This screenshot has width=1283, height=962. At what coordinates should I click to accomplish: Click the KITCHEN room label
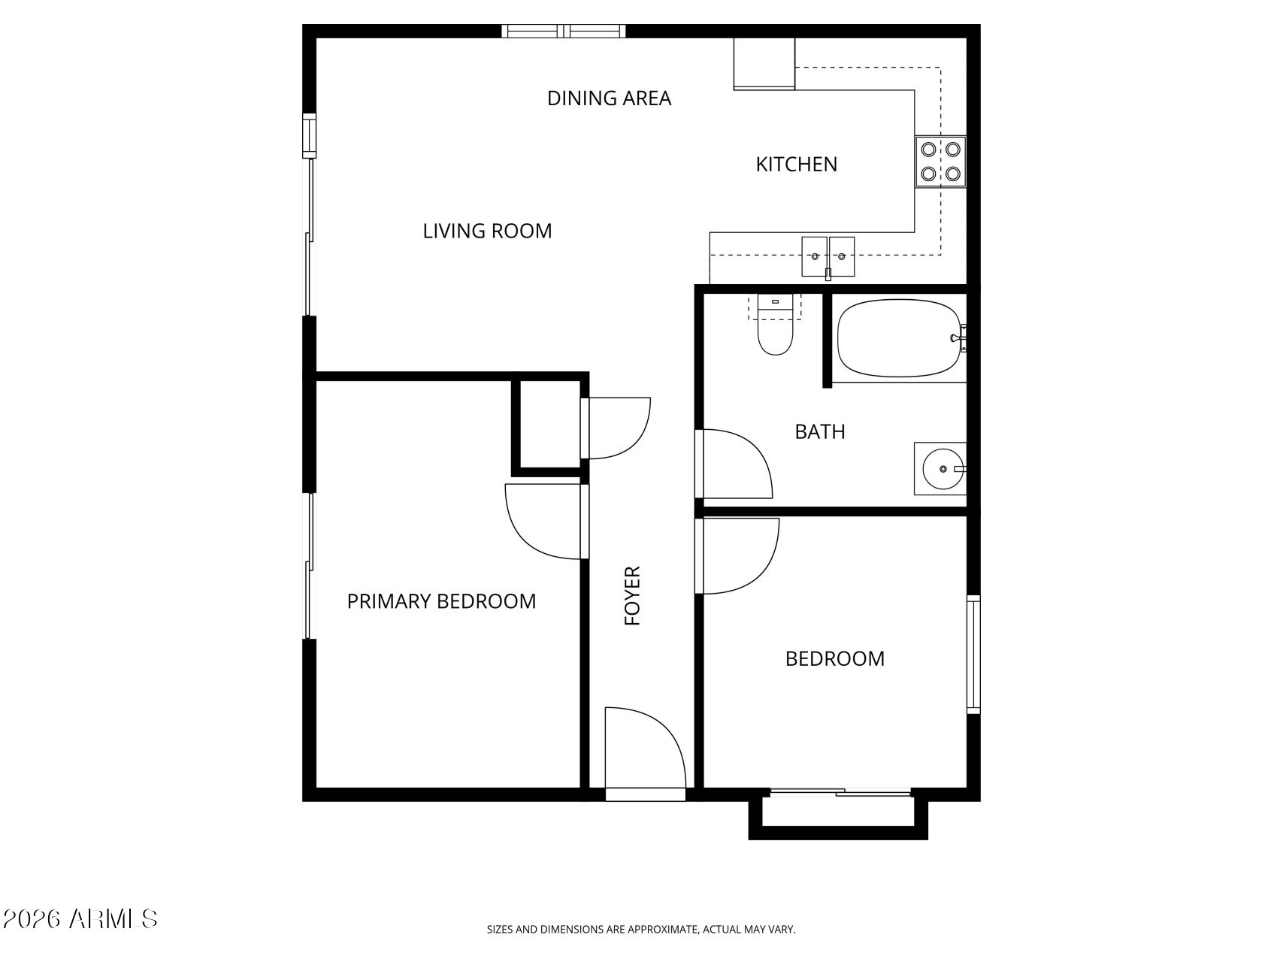point(796,165)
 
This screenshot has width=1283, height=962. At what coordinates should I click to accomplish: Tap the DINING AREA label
point(609,98)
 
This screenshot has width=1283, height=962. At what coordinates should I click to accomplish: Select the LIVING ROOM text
point(487,231)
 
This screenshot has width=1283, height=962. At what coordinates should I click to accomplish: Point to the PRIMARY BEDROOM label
point(441,601)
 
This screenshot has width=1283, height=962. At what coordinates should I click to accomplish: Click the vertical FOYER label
point(633,596)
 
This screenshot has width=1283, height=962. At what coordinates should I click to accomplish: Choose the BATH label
point(820,432)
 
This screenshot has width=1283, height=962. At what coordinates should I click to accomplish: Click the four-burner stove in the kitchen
point(940,162)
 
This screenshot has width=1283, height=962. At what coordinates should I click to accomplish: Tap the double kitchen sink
point(828,257)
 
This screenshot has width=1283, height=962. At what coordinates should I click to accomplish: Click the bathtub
point(900,338)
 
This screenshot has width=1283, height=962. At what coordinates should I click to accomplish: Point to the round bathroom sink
point(940,468)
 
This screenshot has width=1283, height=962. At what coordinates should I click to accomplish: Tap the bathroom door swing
point(734,464)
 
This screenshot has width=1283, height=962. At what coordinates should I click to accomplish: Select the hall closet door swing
point(616,428)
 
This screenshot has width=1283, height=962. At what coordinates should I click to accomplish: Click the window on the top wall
point(564,31)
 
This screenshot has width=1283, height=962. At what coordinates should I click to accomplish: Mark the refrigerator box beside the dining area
point(764,64)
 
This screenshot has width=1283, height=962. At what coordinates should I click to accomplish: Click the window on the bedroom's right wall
point(973,654)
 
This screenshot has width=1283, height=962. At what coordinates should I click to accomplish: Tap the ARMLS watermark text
point(80,919)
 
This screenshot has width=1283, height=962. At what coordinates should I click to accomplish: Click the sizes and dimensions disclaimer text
point(641,930)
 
